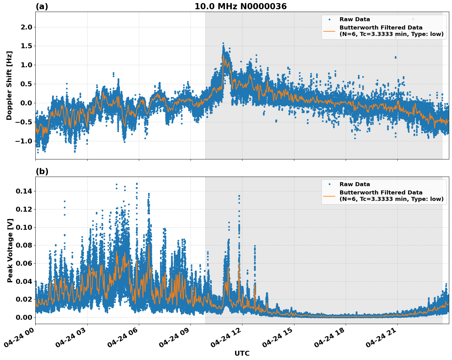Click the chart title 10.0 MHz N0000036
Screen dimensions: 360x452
240,6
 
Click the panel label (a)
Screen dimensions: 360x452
42,6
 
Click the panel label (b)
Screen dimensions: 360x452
42,171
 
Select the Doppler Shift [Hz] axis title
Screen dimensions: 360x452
9,85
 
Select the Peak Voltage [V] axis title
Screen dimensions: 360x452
10,250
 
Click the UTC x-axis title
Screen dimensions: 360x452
242,353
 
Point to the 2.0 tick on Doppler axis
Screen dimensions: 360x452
26,27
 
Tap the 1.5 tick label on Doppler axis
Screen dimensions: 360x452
26,46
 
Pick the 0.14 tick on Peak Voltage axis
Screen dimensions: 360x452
24,191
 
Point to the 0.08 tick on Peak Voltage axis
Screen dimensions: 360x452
24,245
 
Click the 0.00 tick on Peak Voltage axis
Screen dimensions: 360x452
24,317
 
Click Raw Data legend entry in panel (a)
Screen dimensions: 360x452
355,19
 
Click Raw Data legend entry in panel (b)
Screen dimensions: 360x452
355,184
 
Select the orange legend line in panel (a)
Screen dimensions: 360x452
329,31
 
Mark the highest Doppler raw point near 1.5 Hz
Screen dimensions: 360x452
223,43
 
